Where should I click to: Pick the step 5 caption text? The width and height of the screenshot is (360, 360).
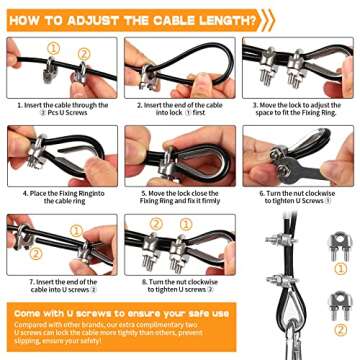tap(179, 194)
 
